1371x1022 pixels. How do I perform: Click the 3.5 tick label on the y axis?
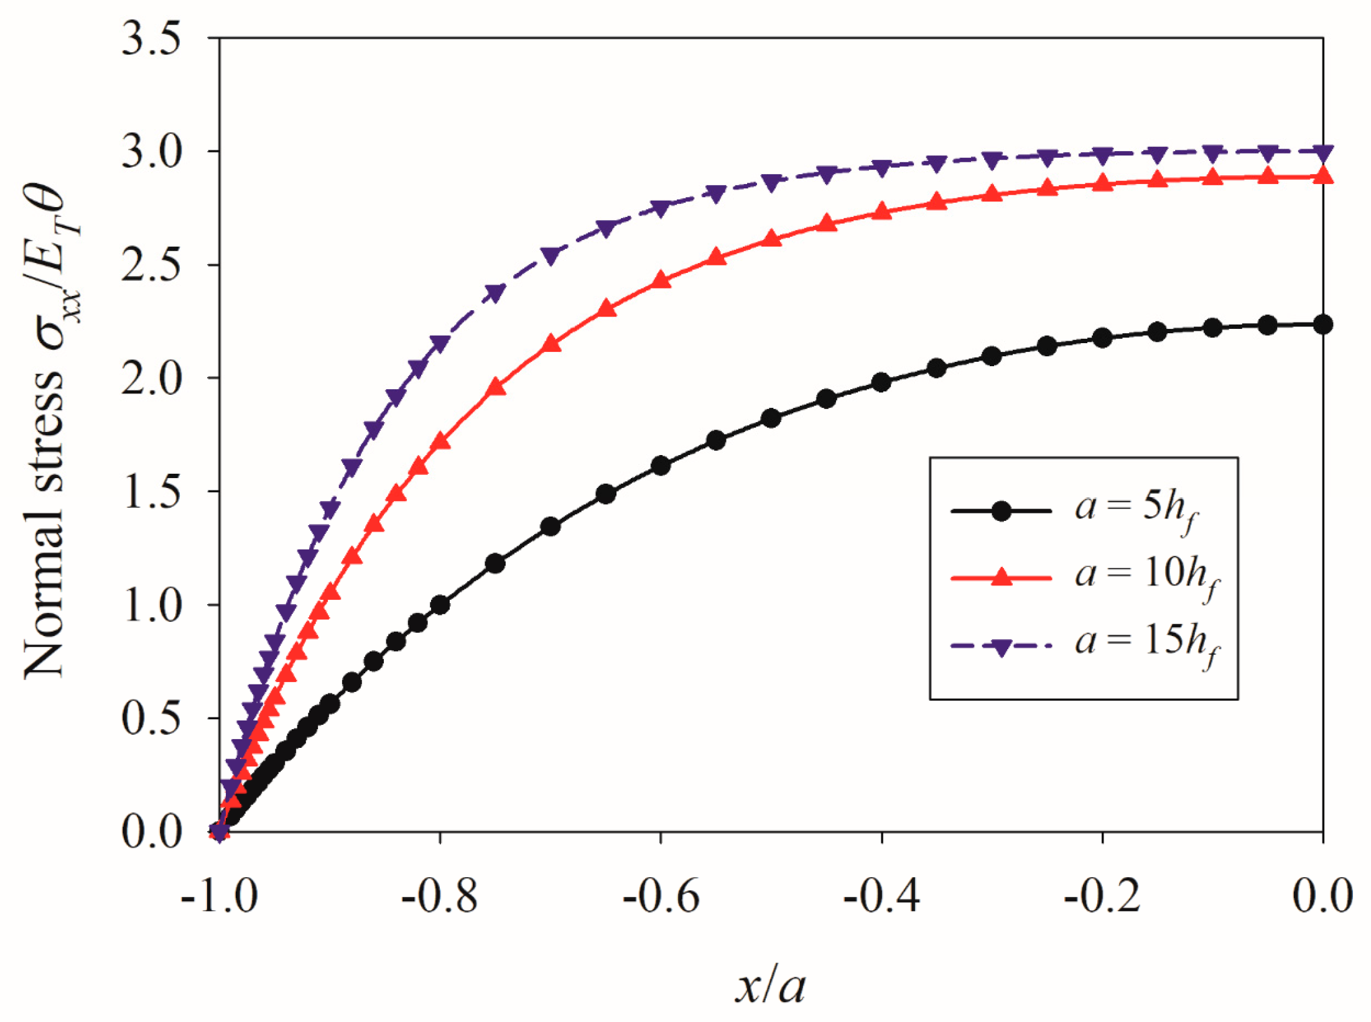[151, 39]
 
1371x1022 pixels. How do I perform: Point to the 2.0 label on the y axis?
[151, 379]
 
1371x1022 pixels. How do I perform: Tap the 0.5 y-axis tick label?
[151, 719]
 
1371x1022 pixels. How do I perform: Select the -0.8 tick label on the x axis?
[439, 897]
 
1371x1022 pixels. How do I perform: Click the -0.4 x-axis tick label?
[881, 897]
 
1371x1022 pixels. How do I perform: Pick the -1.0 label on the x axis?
[219, 897]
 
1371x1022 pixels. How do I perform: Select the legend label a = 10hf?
[1147, 578]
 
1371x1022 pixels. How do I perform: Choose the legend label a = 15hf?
[1147, 645]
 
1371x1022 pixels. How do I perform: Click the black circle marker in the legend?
[1001, 511]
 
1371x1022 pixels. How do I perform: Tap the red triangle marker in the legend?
[1001, 578]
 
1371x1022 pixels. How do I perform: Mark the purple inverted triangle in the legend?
[1001, 647]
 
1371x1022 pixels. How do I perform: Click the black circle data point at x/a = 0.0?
[1322, 324]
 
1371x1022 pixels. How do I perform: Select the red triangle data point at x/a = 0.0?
[1322, 176]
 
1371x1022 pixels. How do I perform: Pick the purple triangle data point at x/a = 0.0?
[1322, 152]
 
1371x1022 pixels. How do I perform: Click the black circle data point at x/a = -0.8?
[440, 604]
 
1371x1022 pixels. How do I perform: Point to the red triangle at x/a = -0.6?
[661, 280]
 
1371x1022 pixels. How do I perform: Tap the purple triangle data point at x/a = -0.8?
[440, 344]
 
